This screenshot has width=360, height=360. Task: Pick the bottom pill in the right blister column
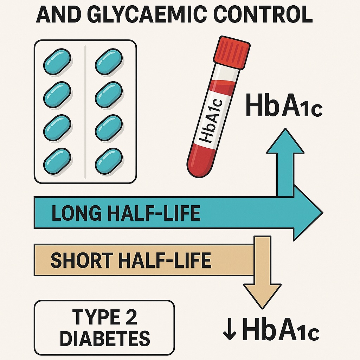[109, 161]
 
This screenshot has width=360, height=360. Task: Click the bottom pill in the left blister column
[57, 161]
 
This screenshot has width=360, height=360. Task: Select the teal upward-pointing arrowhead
[285, 142]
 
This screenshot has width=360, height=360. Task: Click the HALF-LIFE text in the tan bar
[165, 260]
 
